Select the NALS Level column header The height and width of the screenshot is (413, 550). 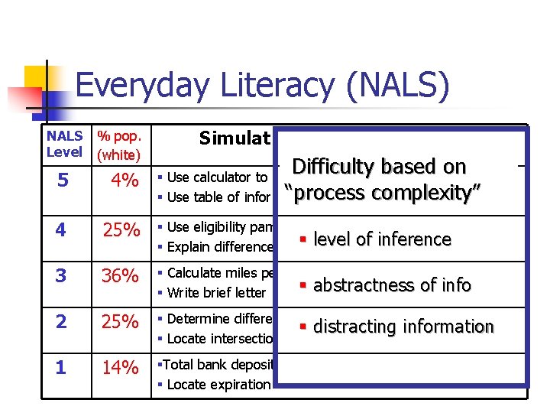pos(65,145)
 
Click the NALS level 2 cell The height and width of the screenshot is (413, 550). pos(60,322)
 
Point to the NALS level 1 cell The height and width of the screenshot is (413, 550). pos(60,369)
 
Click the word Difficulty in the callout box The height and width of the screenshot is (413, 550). pos(337,167)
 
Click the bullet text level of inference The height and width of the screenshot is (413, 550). pos(382,239)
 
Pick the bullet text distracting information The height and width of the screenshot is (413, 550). pos(403,327)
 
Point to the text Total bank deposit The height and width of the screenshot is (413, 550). pos(217,365)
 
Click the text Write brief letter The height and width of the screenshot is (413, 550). pos(216,292)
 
